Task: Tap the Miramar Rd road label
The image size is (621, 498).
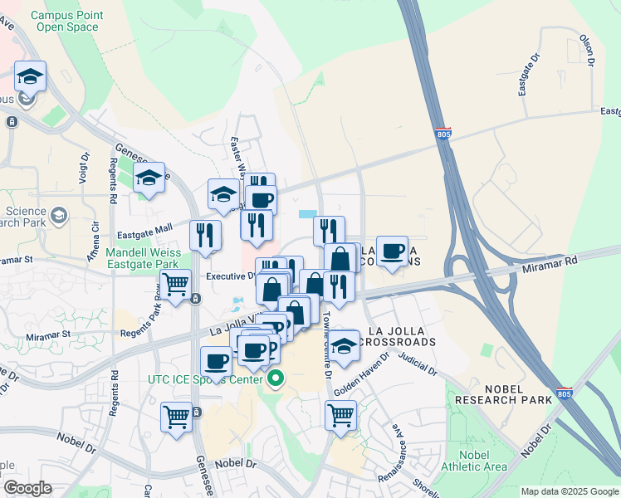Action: point(550,261)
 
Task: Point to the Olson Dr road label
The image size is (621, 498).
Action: point(588,50)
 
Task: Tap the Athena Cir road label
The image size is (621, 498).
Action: point(96,237)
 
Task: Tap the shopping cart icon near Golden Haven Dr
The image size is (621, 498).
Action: point(340,414)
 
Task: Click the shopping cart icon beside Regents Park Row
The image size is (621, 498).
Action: point(175,285)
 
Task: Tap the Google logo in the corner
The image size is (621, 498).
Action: point(27,487)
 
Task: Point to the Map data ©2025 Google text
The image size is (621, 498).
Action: point(569,491)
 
